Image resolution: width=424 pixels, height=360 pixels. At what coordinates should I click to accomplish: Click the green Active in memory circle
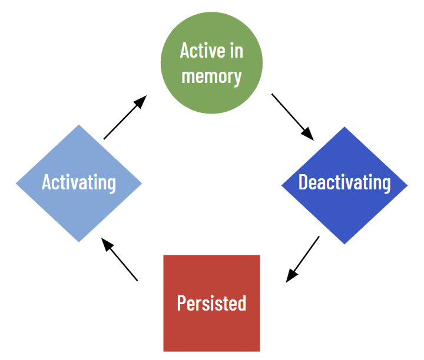point(211,63)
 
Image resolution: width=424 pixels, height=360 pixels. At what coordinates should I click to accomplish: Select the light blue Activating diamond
point(79,184)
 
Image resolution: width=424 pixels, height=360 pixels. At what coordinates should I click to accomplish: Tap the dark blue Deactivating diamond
point(344,185)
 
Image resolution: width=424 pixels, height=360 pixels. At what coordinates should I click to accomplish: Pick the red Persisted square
point(211,304)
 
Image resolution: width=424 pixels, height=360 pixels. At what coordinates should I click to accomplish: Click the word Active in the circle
point(203,50)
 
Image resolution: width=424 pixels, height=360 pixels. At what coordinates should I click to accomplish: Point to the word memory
point(211,77)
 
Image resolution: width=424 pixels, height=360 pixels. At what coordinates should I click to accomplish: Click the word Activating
point(79,183)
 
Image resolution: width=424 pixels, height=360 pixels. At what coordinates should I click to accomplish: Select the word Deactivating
point(344,183)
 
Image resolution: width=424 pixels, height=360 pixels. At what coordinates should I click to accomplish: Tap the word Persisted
point(211,303)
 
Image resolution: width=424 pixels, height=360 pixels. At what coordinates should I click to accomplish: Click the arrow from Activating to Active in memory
point(125,117)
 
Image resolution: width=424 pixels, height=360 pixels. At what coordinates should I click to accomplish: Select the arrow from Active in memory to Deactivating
point(293,117)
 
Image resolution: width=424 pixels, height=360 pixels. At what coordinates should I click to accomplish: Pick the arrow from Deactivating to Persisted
point(303,259)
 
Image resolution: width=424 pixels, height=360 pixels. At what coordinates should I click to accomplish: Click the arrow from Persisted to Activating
point(119,259)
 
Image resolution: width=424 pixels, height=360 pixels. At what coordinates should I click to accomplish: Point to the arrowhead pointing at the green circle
point(141,101)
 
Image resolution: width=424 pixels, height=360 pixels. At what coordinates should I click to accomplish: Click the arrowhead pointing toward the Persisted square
point(291,275)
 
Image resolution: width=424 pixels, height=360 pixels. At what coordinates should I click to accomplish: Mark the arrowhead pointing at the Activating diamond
point(107,244)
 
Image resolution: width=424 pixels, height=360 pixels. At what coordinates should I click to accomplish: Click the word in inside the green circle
point(236,50)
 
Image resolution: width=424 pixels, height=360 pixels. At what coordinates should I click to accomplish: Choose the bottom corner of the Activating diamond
point(79,242)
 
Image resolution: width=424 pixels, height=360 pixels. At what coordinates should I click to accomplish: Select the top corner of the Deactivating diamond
point(344,126)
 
